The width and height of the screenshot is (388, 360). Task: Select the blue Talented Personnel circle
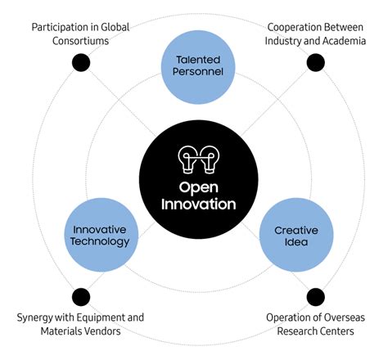click(x=198, y=65)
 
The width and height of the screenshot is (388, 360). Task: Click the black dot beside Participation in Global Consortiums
click(x=80, y=62)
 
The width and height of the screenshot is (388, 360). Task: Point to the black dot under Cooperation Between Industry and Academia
click(x=315, y=62)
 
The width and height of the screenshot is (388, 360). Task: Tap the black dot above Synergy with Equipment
click(x=80, y=296)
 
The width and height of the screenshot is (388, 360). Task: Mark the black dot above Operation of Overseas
click(x=315, y=296)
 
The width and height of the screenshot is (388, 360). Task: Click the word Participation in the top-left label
click(x=62, y=27)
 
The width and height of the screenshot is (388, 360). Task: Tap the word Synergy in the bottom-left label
click(x=37, y=317)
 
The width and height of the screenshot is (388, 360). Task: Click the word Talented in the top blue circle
click(x=198, y=59)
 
